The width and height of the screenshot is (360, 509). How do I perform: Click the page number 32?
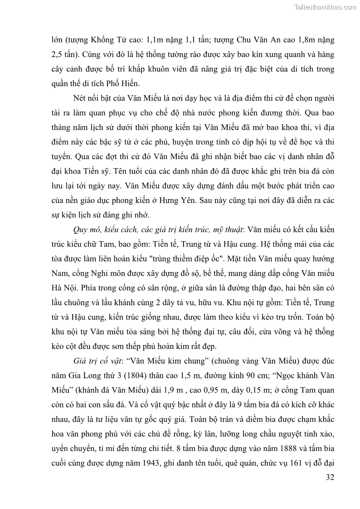(330, 477)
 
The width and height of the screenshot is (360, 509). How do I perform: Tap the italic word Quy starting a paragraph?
(81, 230)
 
